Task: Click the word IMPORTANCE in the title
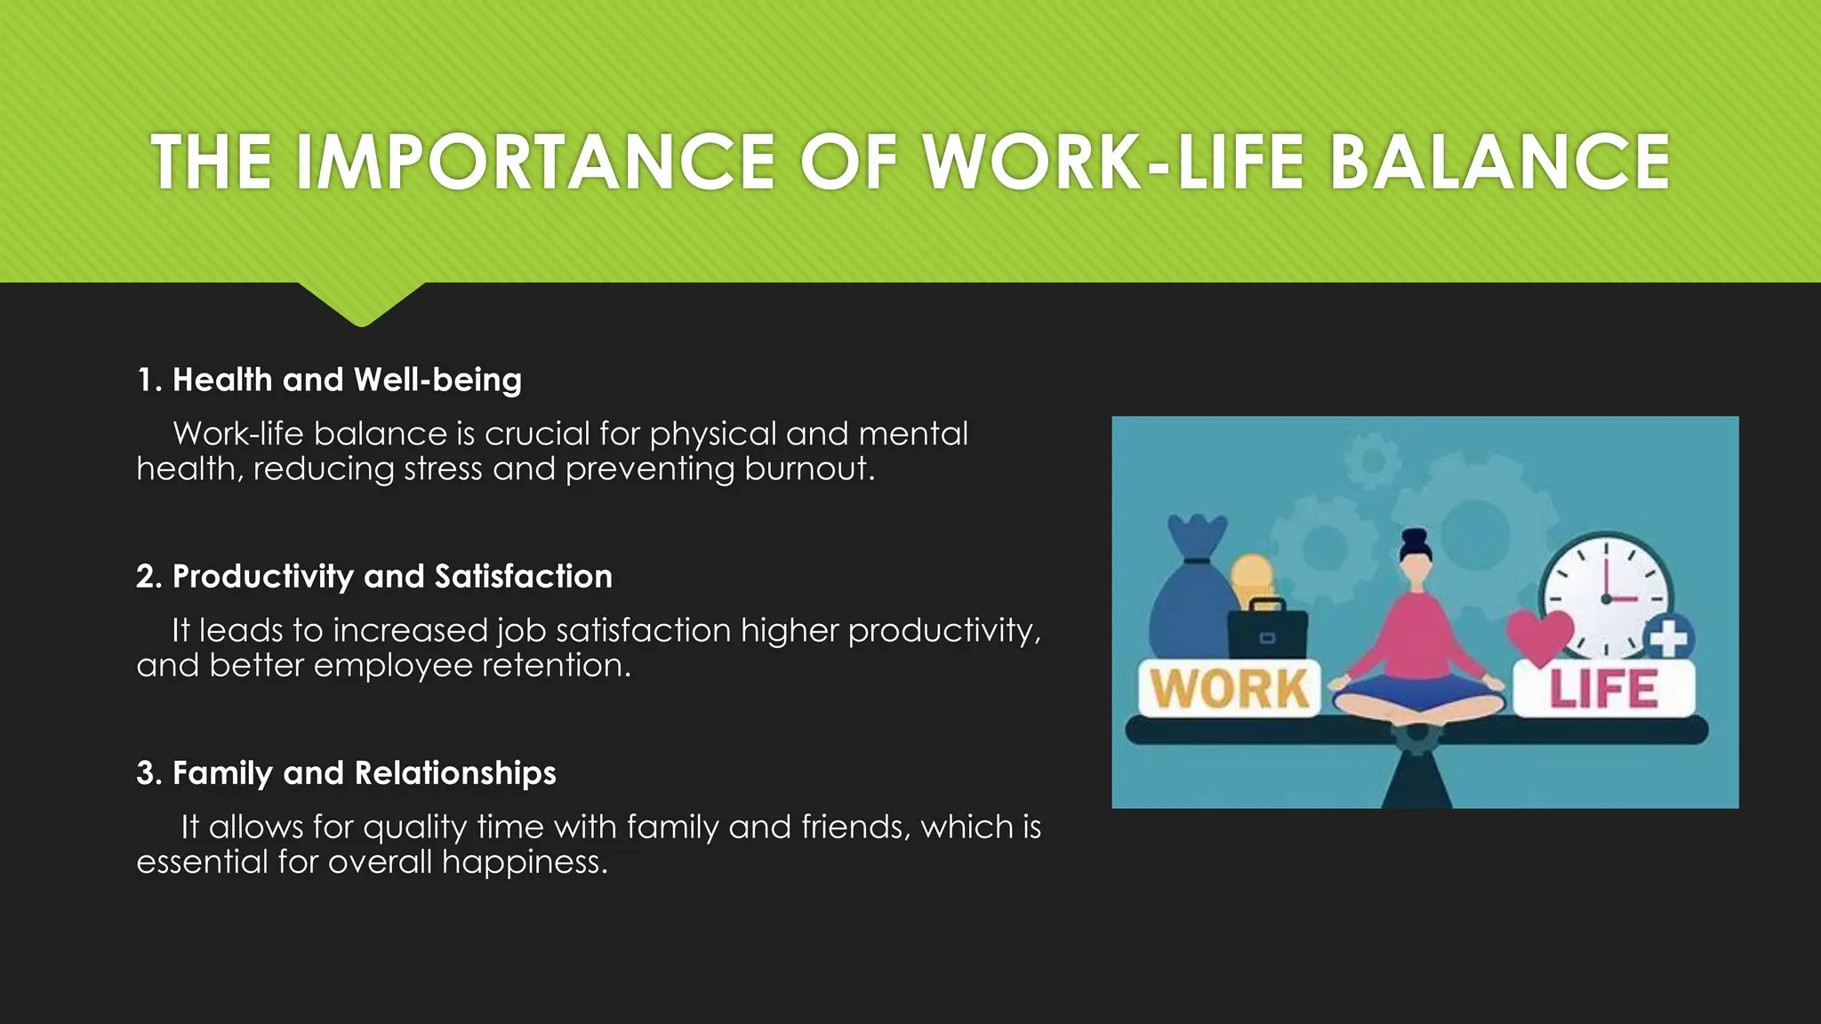point(535,162)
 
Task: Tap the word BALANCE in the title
point(1499,162)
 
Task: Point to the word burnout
point(808,468)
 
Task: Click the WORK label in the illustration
point(1229,689)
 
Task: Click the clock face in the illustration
point(1606,596)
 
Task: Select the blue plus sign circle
point(1668,637)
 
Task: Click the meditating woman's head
point(1416,548)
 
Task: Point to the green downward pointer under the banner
point(361,303)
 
